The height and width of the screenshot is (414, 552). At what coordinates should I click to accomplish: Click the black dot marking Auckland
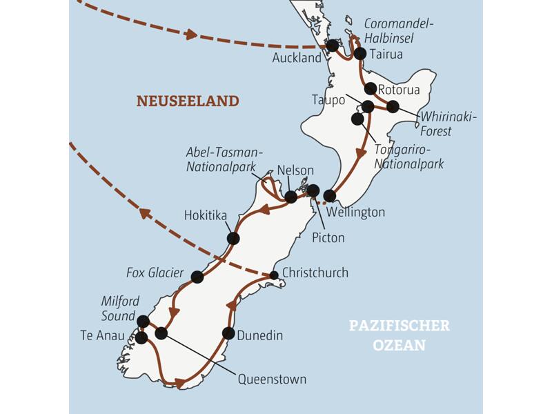[333, 46]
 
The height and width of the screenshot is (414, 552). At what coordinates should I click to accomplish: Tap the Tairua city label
[386, 54]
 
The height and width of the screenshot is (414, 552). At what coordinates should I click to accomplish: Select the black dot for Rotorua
[371, 88]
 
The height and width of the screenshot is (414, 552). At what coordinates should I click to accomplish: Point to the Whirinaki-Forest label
[448, 124]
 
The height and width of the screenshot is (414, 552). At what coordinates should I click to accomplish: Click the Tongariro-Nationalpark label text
[408, 157]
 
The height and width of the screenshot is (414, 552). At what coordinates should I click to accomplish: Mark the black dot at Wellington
[330, 196]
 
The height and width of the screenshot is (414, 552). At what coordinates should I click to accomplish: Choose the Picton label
[328, 237]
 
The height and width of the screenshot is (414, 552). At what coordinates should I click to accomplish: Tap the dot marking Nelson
[291, 197]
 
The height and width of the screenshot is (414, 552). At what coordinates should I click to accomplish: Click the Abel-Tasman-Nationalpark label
[225, 159]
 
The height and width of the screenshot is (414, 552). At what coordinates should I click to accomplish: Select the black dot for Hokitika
[233, 238]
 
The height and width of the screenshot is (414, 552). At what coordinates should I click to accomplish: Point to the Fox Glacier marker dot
[197, 277]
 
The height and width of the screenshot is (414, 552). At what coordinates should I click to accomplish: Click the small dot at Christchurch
[274, 275]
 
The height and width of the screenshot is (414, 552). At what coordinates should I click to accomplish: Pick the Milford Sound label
[120, 308]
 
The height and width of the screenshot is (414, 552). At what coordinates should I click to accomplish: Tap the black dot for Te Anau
[141, 338]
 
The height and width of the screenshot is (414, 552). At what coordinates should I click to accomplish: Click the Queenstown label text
[272, 379]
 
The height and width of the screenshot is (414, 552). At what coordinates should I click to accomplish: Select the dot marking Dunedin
[228, 333]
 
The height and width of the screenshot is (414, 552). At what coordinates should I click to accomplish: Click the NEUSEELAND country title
[188, 101]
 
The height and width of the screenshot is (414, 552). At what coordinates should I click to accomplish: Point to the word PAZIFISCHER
[400, 326]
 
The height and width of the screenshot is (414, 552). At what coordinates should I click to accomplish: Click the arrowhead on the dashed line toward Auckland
[190, 34]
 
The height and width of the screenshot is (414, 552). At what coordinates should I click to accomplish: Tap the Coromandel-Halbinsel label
[399, 30]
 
